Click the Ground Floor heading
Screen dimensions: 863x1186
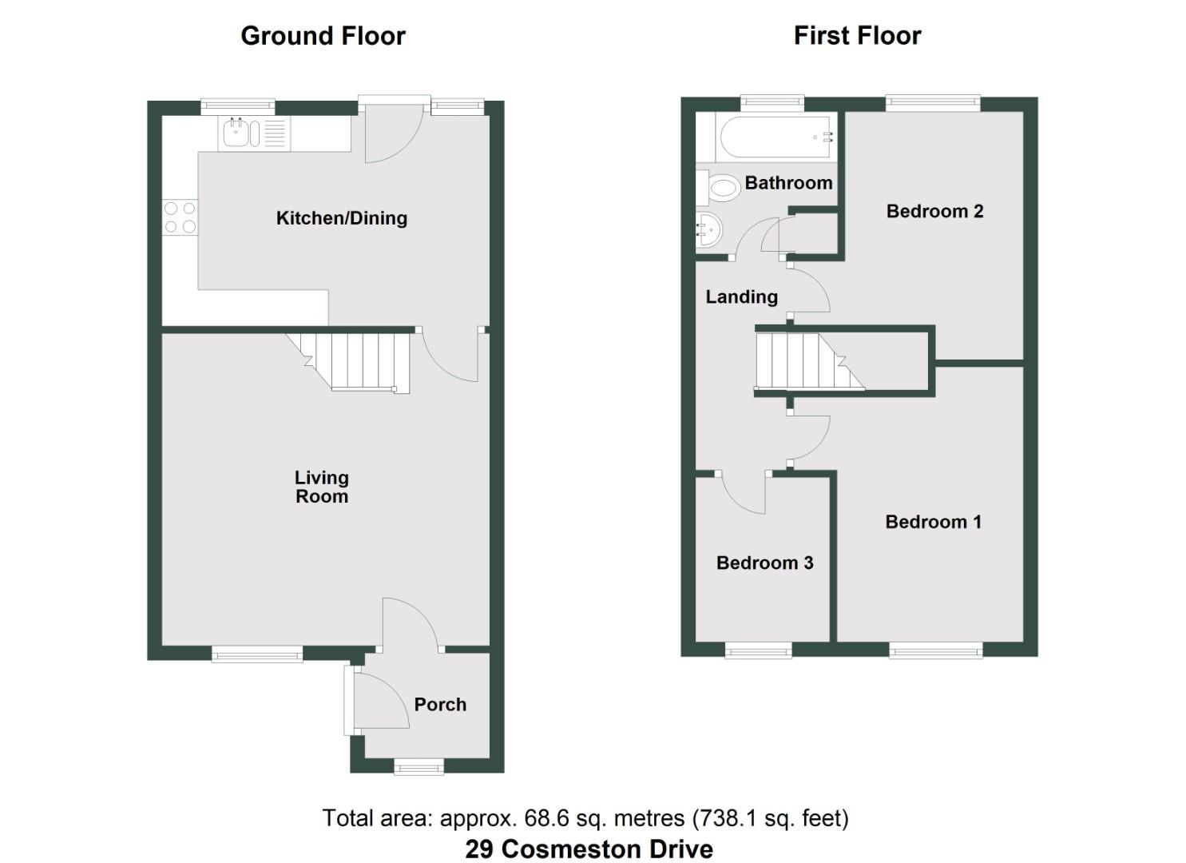(x=323, y=36)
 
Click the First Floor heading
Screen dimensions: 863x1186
(x=857, y=36)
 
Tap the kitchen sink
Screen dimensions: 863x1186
(x=236, y=133)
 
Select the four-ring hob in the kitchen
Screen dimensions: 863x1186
(x=180, y=217)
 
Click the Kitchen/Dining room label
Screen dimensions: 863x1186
(x=341, y=218)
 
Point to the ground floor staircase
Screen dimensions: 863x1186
(x=359, y=361)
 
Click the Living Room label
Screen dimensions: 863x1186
(x=321, y=487)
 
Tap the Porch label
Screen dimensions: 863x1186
(x=440, y=705)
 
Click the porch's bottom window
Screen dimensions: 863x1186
(x=419, y=766)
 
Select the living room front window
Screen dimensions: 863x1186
(x=257, y=654)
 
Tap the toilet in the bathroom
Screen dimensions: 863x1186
(x=722, y=189)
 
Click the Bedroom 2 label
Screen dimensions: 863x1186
(x=934, y=212)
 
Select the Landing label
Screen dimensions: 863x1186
(x=741, y=297)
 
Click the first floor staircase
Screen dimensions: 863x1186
(x=807, y=361)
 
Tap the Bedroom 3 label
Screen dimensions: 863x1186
(x=764, y=563)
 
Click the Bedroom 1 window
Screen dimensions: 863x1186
(x=935, y=650)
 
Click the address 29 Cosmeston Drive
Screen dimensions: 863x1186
(x=589, y=849)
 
